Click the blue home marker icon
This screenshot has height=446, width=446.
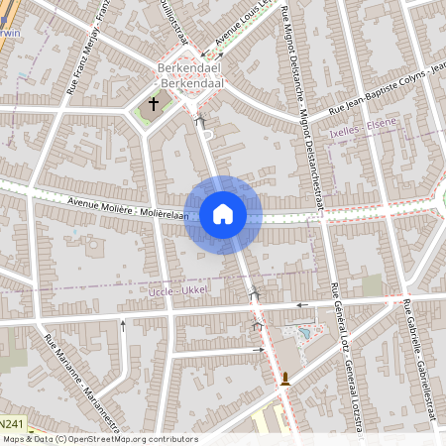[x=222, y=214]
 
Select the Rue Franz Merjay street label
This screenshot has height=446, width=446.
[x=87, y=45]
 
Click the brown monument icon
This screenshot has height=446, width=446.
[x=285, y=379]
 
